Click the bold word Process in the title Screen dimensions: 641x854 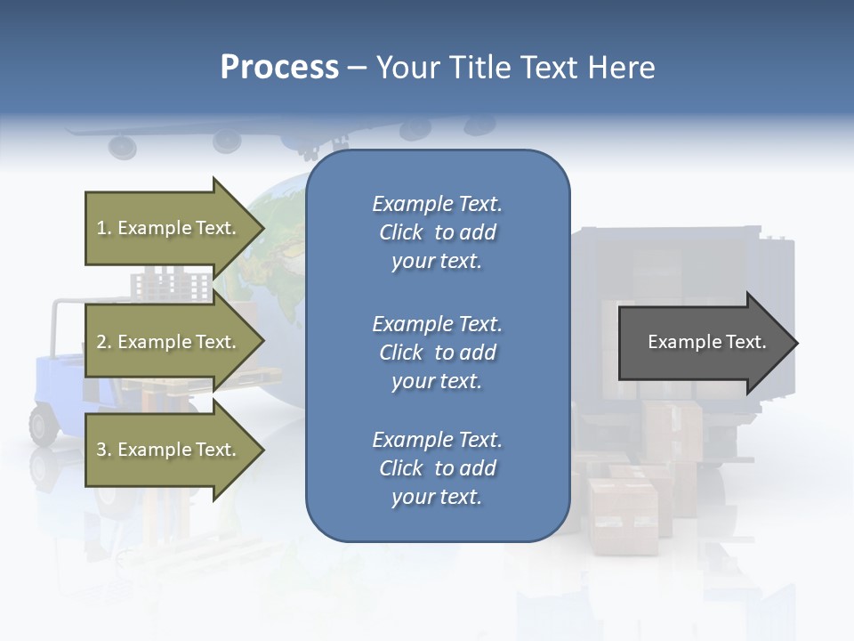(279, 67)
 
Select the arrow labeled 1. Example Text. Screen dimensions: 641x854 (169, 228)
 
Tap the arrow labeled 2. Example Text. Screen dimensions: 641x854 (169, 342)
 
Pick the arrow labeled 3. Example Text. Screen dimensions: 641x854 (169, 450)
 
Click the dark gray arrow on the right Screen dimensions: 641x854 (703, 343)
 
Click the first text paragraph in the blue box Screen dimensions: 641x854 (437, 232)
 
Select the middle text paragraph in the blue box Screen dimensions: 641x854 (437, 352)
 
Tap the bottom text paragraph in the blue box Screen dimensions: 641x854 (437, 467)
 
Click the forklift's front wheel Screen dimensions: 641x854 (44, 424)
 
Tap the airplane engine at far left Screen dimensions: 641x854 (122, 145)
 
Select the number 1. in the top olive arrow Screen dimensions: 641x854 (104, 228)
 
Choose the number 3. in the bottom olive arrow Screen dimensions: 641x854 (104, 450)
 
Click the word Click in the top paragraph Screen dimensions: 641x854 (401, 232)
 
